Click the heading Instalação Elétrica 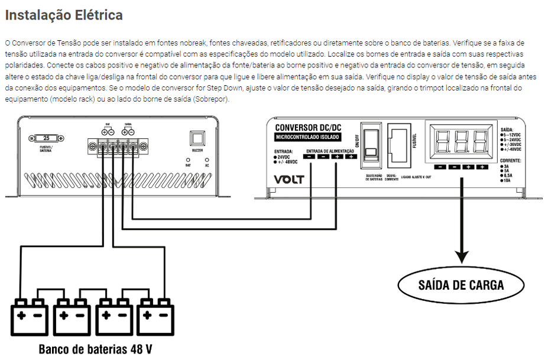tap(64, 15)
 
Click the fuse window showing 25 tap(46, 138)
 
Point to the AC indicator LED tap(207, 160)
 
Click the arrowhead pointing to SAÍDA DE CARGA tap(461, 255)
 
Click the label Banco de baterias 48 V tap(96, 349)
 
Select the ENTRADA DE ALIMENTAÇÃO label tap(329, 151)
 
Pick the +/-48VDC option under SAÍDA tap(512, 150)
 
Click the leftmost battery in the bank tap(30, 315)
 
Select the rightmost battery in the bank tap(157, 315)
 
